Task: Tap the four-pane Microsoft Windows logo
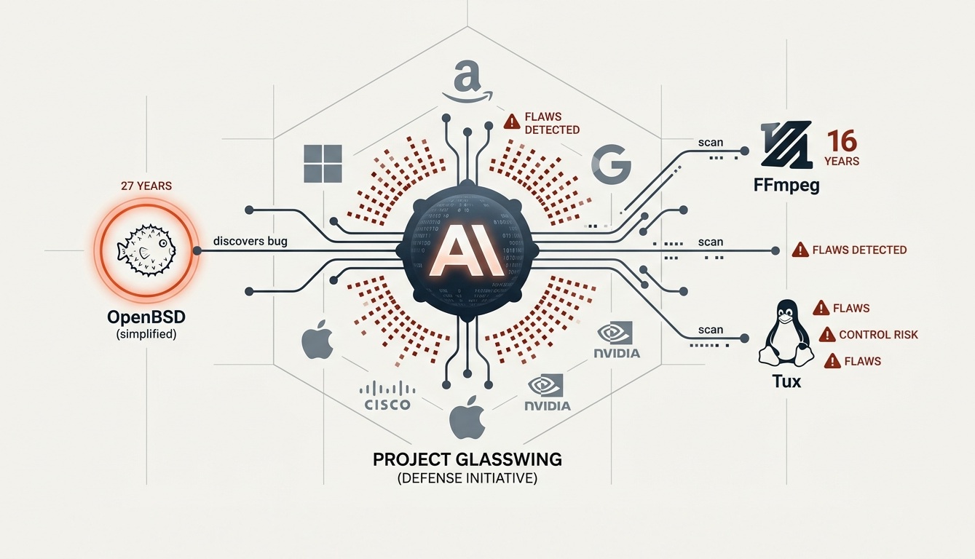(324, 164)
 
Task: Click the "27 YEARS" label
(146, 186)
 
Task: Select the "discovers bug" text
(251, 241)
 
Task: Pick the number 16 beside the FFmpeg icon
(842, 140)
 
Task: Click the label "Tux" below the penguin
(785, 381)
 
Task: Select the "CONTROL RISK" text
(878, 335)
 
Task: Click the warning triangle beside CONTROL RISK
(826, 335)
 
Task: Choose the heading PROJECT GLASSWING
(467, 460)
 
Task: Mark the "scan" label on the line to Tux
(711, 330)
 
